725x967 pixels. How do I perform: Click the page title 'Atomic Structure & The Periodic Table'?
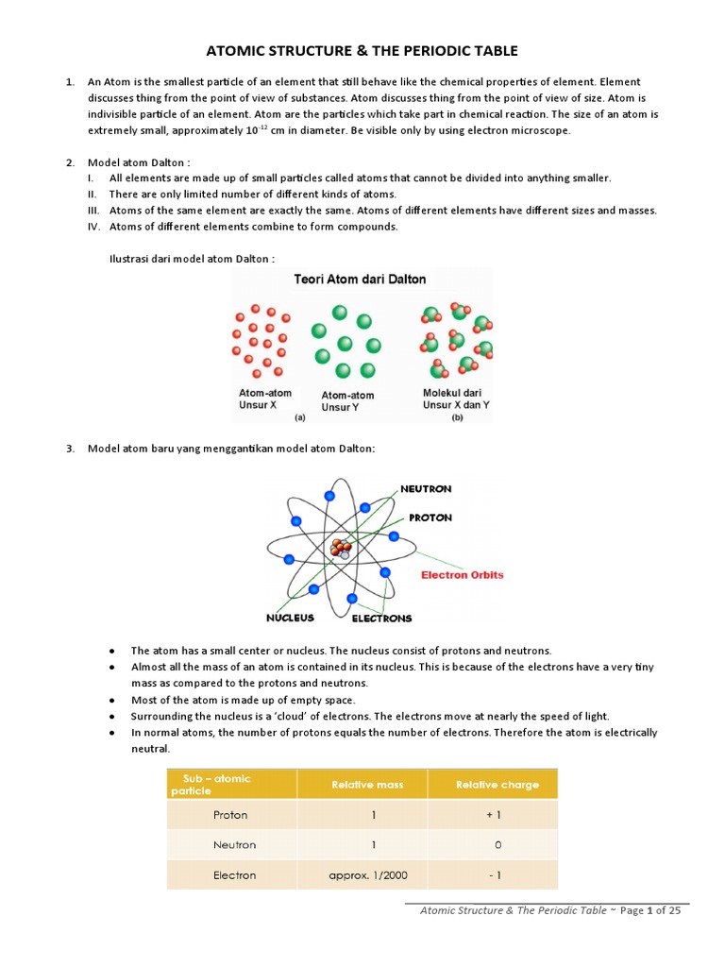[x=362, y=50]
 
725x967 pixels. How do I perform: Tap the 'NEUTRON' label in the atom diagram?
[x=426, y=489]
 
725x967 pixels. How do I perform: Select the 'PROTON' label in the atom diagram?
[x=430, y=517]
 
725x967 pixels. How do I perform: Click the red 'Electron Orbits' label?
[x=462, y=574]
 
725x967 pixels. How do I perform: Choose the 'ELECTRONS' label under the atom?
[x=381, y=619]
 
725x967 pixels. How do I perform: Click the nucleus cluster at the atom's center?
[x=341, y=548]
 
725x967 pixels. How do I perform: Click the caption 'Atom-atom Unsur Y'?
[x=347, y=401]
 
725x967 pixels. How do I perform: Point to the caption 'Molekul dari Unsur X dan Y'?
[x=456, y=399]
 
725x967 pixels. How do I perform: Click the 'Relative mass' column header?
[x=362, y=785]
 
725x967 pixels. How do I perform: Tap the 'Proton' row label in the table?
[x=231, y=814]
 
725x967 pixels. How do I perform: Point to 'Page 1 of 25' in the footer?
[x=649, y=910]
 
